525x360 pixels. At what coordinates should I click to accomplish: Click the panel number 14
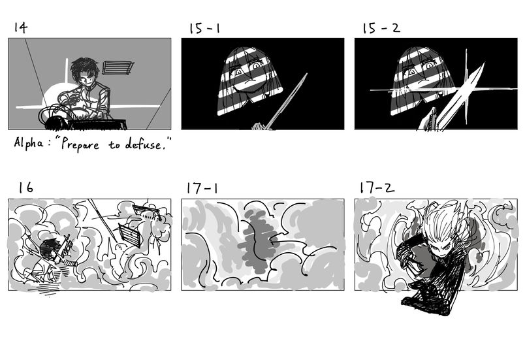(x=20, y=27)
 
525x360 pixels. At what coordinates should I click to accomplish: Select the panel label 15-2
(x=381, y=28)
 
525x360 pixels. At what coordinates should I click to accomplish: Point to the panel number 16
(x=25, y=188)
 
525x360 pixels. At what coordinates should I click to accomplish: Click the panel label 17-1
(x=202, y=188)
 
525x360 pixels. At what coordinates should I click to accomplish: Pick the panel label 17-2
(x=377, y=188)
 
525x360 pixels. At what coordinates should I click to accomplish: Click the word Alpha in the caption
(x=29, y=143)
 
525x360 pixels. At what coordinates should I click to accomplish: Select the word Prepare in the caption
(x=81, y=144)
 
